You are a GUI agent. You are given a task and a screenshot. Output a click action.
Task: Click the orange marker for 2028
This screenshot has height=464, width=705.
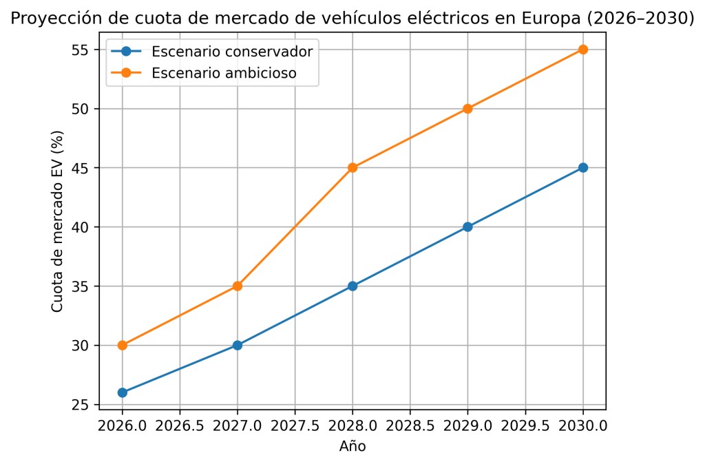pyautogui.click(x=352, y=167)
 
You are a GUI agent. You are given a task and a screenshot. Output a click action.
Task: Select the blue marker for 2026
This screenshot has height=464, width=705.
pyautogui.click(x=123, y=392)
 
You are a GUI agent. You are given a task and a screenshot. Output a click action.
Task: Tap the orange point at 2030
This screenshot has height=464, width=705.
pyautogui.click(x=583, y=50)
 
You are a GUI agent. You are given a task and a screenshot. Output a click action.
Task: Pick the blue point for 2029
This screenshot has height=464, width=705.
pyautogui.click(x=468, y=226)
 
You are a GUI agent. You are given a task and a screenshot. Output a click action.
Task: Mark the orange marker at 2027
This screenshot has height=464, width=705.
pyautogui.click(x=238, y=286)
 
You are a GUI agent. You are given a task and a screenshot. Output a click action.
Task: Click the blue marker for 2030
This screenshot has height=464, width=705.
pyautogui.click(x=583, y=167)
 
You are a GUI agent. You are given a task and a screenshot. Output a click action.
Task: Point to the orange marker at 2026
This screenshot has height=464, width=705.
pyautogui.click(x=123, y=345)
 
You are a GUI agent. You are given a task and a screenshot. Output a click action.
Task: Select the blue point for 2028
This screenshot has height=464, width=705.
pyautogui.click(x=352, y=286)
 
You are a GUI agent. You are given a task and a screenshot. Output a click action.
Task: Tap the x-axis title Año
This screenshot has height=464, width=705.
pyautogui.click(x=352, y=446)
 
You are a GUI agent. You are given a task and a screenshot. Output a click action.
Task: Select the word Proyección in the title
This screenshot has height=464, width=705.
pyautogui.click(x=45, y=19)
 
